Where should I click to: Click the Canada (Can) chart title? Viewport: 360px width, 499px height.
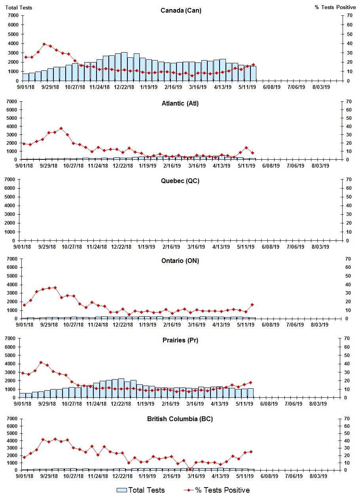181,10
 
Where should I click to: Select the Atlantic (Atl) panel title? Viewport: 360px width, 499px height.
180,104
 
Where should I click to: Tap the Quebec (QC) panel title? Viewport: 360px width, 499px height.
180,181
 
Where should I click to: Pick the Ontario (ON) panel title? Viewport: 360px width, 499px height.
180,261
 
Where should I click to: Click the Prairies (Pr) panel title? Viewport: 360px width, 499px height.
180,340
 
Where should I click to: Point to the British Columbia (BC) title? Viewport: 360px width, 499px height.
180,419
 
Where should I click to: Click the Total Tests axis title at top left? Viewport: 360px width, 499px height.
19,8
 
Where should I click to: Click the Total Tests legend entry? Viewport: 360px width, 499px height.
141,490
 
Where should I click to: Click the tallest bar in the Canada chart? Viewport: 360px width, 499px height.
124,66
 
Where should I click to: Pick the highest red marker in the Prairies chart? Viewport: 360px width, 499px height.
41,362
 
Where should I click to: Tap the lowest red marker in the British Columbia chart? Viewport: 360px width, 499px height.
190,469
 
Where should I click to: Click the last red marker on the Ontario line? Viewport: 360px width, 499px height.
252,304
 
